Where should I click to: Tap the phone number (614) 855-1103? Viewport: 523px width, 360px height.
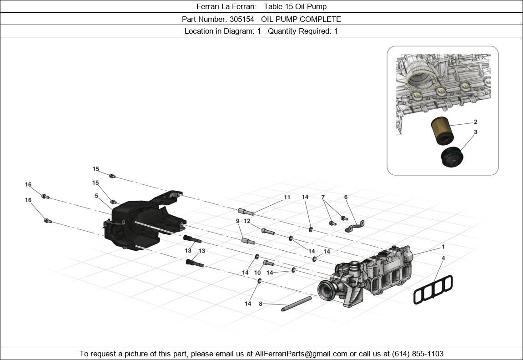coord(416,354)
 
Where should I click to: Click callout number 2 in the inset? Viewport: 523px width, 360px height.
coord(475,122)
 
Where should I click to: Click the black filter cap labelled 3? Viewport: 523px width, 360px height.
coord(452,157)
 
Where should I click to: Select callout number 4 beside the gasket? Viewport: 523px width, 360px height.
coord(443,259)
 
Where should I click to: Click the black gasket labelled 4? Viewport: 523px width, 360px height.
coord(433,289)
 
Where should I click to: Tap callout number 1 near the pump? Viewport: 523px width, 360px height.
coord(443,247)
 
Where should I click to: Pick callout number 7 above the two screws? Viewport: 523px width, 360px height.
coord(323,198)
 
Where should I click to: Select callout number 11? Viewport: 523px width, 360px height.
coord(287,198)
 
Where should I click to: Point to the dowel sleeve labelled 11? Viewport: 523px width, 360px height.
coord(246,211)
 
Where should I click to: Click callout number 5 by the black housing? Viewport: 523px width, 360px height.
coord(96,196)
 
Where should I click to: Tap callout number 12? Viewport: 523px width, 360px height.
coord(247,221)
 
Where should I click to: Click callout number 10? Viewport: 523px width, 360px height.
coord(257,273)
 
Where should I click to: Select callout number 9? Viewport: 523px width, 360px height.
coord(237,221)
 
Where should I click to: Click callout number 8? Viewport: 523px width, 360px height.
coord(261,304)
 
